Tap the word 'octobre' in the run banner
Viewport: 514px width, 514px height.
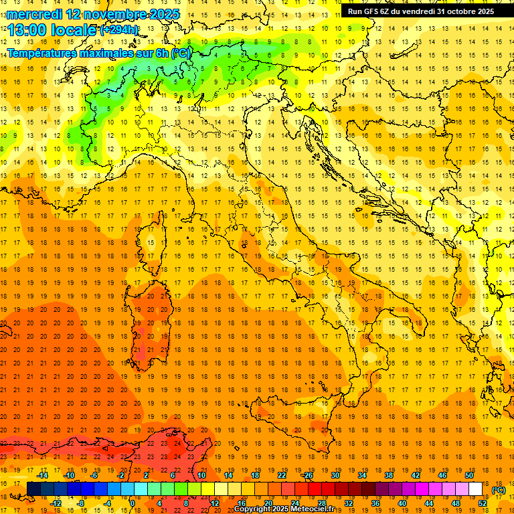click(x=458, y=11)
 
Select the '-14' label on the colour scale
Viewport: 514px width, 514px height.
click(x=41, y=475)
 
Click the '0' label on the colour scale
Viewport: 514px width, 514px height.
click(x=133, y=503)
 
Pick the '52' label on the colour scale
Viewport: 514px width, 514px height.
click(x=483, y=503)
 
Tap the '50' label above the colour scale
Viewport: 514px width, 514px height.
click(x=468, y=475)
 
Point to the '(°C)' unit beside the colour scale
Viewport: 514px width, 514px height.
click(x=499, y=490)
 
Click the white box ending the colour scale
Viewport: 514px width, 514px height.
click(x=475, y=489)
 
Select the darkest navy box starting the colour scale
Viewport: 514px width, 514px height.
click(x=33, y=489)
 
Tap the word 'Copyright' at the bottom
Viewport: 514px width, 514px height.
click(x=252, y=509)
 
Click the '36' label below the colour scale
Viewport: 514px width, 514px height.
click(x=375, y=503)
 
